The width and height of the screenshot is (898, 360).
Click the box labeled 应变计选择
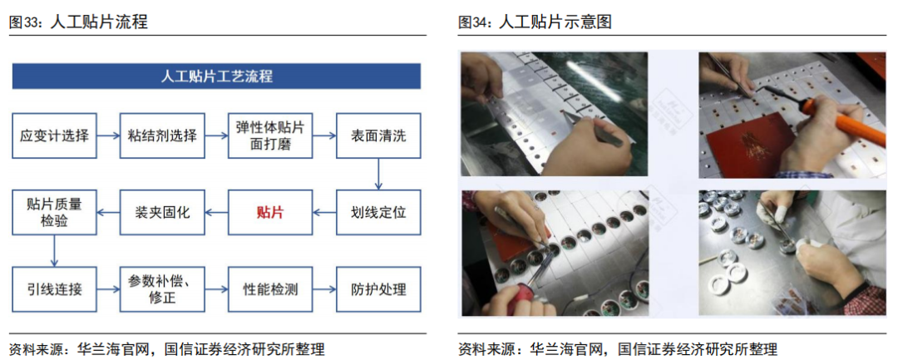click(x=54, y=135)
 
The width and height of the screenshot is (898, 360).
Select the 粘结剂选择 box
click(x=162, y=135)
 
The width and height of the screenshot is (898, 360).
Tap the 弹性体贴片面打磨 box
click(x=270, y=135)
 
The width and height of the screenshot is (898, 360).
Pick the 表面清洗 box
click(x=378, y=135)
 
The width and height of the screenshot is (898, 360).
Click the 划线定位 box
click(x=378, y=212)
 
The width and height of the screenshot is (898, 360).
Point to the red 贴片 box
click(x=270, y=212)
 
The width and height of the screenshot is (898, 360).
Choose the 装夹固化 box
click(x=162, y=212)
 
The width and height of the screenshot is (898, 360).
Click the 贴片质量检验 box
click(x=54, y=212)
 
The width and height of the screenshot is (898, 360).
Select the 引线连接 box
click(x=54, y=289)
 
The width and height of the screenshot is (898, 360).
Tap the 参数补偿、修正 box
click(x=162, y=289)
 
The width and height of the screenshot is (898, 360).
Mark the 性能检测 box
click(x=270, y=289)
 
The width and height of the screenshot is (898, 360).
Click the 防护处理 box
click(x=378, y=289)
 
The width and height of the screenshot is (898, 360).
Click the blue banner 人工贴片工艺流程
click(x=216, y=76)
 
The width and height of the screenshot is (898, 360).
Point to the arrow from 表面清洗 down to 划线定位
click(x=378, y=173)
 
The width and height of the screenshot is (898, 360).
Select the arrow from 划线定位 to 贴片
click(x=324, y=212)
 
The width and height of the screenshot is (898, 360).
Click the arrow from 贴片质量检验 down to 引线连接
click(x=54, y=250)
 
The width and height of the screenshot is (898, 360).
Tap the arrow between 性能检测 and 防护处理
click(x=324, y=289)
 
